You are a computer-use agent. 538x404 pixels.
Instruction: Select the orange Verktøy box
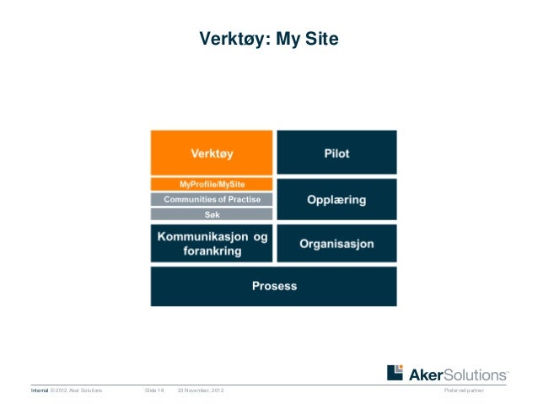point(212,153)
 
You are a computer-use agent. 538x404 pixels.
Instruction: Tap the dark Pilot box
point(336,153)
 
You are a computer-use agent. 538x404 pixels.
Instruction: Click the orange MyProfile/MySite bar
point(212,184)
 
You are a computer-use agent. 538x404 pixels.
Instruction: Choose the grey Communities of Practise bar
point(212,199)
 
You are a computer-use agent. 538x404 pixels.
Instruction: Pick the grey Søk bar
point(212,214)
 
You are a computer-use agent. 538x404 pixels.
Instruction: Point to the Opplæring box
point(336,200)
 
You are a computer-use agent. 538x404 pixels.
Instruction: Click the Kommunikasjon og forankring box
point(212,244)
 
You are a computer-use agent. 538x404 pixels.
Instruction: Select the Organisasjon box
point(336,244)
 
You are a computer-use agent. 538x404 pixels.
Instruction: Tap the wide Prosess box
point(274,286)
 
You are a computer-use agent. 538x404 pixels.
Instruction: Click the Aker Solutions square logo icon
point(395,373)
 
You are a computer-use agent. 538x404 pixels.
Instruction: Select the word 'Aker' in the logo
point(426,374)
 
